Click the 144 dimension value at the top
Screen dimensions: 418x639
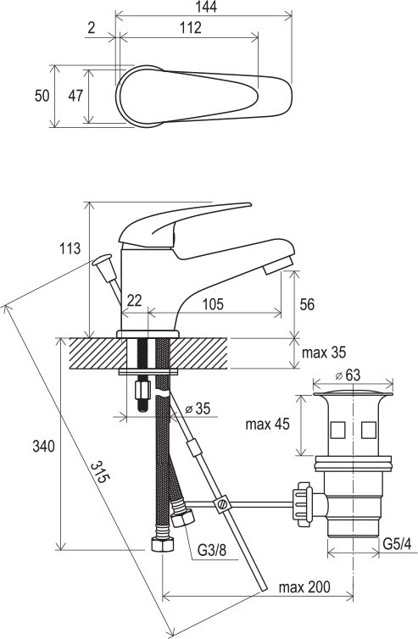coord(206,7)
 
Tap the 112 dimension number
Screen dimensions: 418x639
coord(191,27)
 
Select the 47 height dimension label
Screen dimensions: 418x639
coord(75,96)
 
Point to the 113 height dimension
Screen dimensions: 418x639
coord(70,248)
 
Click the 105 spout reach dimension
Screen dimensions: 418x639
coord(213,304)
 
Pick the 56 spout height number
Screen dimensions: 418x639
coord(307,304)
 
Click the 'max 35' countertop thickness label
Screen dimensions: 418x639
coord(323,352)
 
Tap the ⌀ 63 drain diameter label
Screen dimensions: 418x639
coord(348,375)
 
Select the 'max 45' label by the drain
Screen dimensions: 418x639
coord(268,425)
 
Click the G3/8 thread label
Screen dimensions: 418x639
coord(212,550)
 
